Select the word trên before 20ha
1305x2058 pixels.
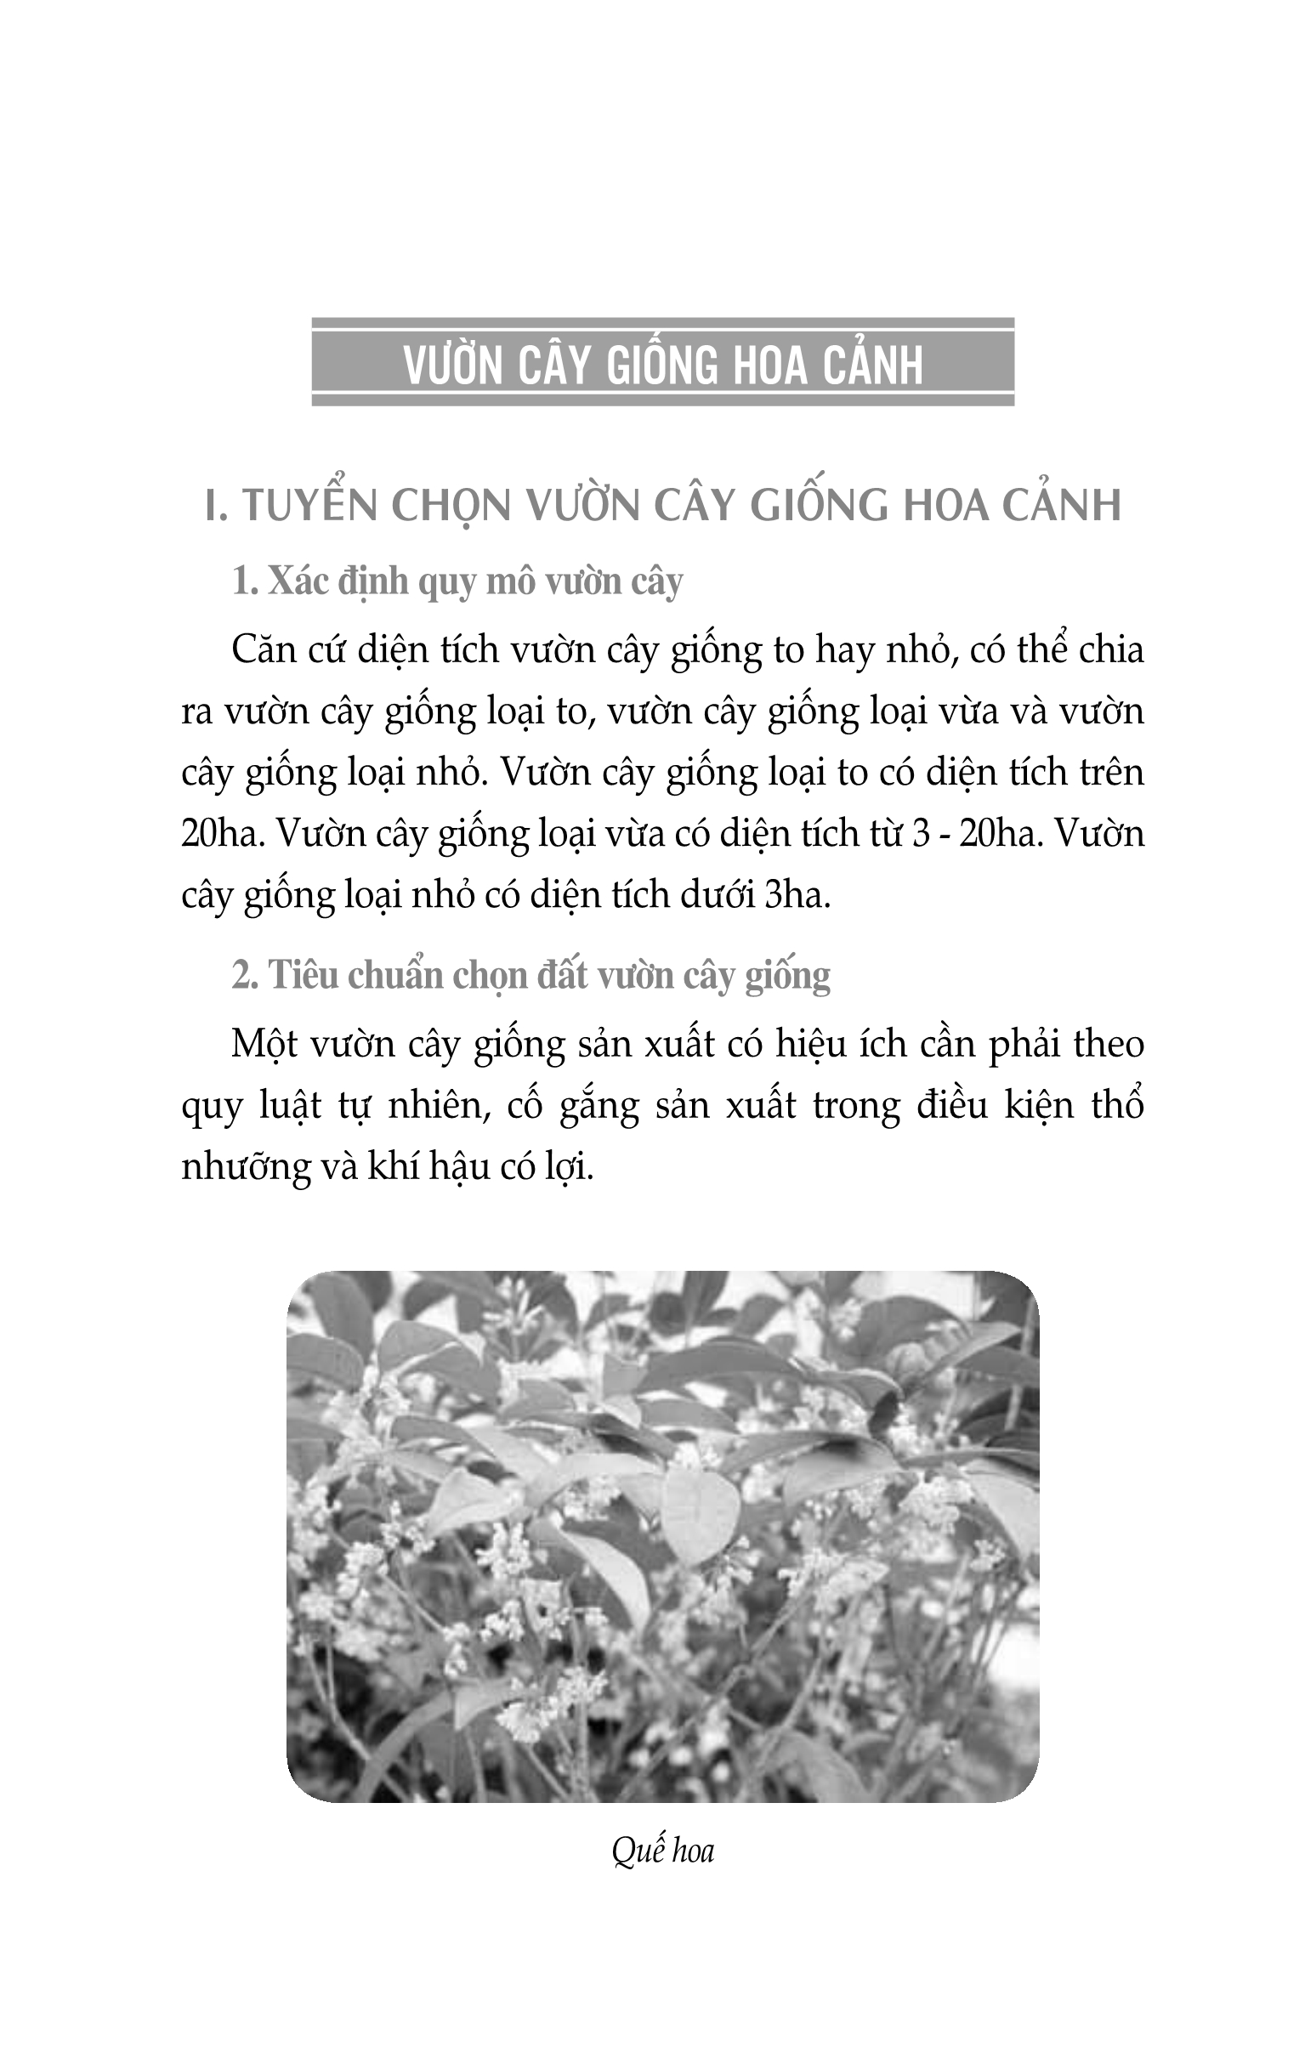(1110, 773)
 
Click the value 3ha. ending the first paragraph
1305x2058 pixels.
(797, 896)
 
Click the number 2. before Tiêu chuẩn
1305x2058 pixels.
(246, 975)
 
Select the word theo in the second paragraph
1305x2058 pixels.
(1109, 1045)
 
